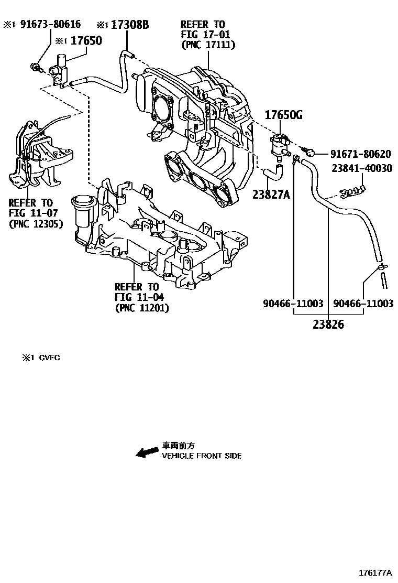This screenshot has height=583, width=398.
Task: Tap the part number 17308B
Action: coord(129,24)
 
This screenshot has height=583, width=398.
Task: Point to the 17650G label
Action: coord(283,115)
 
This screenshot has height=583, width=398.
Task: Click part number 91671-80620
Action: coord(360,154)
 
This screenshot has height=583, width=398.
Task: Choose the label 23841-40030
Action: coord(360,168)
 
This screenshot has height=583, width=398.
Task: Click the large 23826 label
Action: coord(328,325)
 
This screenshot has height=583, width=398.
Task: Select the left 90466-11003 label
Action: coord(293,304)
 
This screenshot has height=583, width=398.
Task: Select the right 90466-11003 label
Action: coord(363,304)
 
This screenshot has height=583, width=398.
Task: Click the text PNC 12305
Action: coord(36,224)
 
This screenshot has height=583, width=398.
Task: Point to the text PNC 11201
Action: coord(142,308)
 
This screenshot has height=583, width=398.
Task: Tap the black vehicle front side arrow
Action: coord(147,451)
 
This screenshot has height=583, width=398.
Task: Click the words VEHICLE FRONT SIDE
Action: coord(202,456)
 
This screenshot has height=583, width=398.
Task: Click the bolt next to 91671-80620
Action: coord(309,153)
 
